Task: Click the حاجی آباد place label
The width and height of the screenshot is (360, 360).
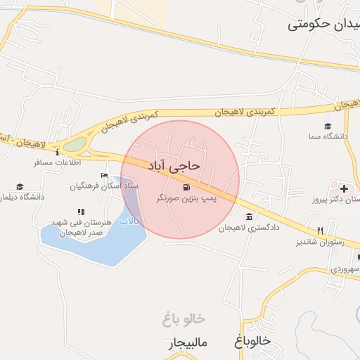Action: coord(174,165)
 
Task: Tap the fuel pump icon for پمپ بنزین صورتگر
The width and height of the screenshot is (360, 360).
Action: coord(186,188)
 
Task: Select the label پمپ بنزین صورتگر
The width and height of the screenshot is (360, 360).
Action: coord(186,199)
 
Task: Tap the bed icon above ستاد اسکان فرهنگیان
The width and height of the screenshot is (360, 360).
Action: coord(105,175)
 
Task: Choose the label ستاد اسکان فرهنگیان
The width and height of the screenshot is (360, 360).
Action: coord(104,186)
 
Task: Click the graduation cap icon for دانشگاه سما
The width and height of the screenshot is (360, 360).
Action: coord(328,126)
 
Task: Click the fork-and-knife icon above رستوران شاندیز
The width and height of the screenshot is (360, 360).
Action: coord(320,231)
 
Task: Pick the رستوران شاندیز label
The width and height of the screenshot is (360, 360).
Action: coord(329,242)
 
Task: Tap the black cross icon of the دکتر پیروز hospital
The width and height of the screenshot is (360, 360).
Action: coord(343,188)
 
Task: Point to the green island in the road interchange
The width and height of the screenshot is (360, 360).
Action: coord(75,145)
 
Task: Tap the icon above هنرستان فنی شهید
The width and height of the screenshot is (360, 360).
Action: coord(81,211)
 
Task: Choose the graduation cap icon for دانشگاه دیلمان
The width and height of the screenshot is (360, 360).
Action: coord(20,187)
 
